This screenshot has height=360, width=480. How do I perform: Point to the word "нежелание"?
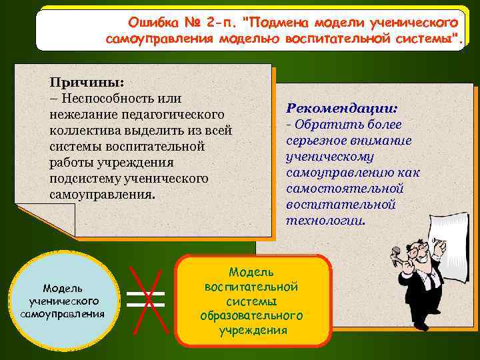pos(79,115)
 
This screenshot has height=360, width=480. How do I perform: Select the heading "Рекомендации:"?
pos(342,108)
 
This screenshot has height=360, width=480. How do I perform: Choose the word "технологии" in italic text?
pos(325,221)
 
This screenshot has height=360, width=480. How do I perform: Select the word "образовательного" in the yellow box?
pos(251,315)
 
